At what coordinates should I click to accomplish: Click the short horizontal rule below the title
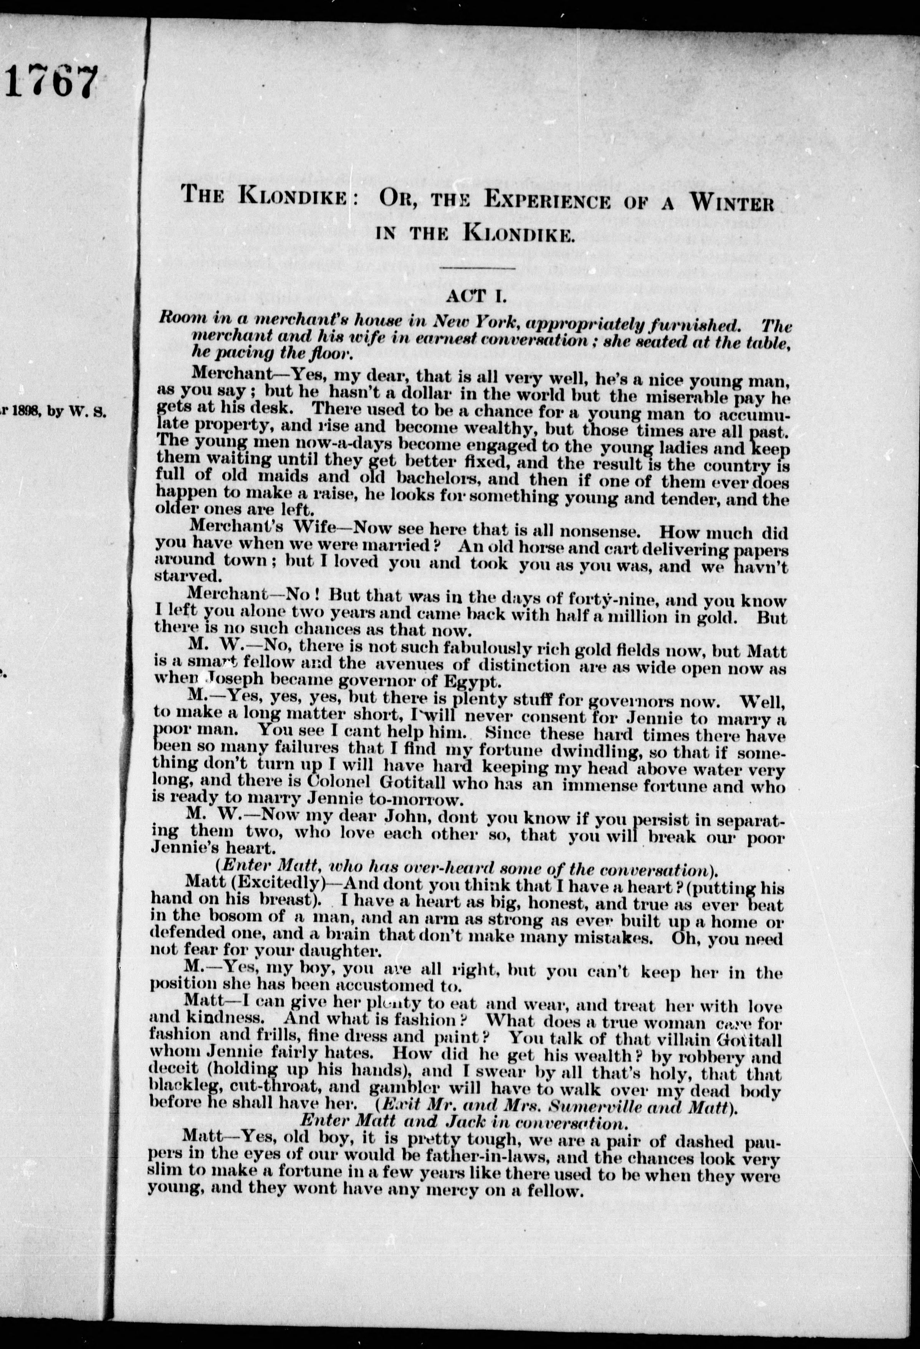tap(477, 268)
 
